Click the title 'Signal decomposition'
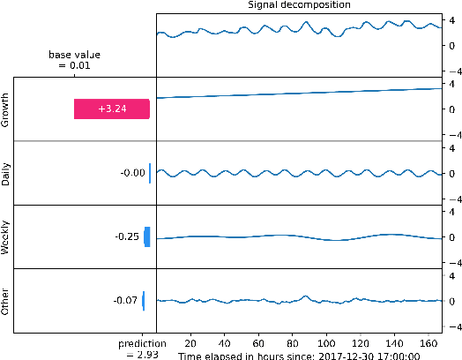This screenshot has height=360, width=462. click(298, 5)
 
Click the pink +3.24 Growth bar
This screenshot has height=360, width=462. click(112, 109)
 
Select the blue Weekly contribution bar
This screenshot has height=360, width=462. click(147, 236)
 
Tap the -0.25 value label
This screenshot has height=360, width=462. click(127, 236)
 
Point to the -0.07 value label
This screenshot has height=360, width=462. click(125, 301)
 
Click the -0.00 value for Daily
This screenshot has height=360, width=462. click(132, 173)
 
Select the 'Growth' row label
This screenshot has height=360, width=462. click(6, 109)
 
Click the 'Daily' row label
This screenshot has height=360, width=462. click(6, 173)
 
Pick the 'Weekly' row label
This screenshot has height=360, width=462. click(6, 236)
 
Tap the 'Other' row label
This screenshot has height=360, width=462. click(6, 301)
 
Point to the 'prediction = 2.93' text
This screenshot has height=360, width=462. click(142, 348)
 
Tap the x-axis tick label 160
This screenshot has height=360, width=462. click(428, 342)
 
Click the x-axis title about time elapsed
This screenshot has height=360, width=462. click(298, 355)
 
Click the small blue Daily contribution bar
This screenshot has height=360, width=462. click(151, 173)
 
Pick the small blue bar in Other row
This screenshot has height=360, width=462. click(144, 301)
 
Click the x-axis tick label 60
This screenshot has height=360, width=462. click(257, 342)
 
